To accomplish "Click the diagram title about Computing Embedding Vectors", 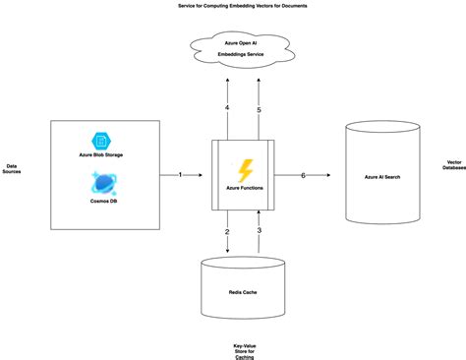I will [x=233, y=5].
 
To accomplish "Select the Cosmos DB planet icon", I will [x=99, y=180].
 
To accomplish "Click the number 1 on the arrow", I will [x=181, y=174].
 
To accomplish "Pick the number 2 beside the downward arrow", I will [x=227, y=232].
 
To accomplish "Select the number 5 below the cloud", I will [x=260, y=109].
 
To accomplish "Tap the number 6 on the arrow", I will [x=303, y=174].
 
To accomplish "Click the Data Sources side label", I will [x=14, y=170].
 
